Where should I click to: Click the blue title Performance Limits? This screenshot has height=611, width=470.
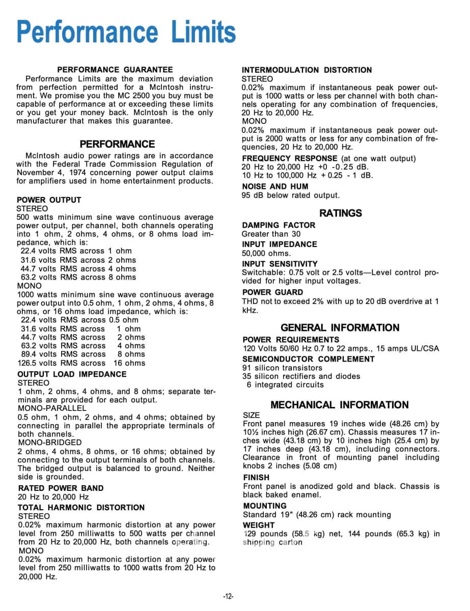click(126, 32)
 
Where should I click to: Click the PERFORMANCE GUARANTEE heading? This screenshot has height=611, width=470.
click(115, 70)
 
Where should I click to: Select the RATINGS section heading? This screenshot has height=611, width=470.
click(341, 213)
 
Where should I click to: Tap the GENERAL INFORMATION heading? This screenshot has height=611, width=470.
click(340, 328)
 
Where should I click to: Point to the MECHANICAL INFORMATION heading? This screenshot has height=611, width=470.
click(340, 405)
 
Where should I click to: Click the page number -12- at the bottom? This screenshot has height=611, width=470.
click(228, 597)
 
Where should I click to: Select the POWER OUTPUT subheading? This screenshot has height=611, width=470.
click(49, 200)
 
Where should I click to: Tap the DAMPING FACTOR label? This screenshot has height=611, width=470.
click(279, 225)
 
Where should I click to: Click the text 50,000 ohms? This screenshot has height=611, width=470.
click(266, 253)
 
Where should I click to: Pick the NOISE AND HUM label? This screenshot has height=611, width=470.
click(275, 187)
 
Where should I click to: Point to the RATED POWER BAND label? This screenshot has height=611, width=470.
click(61, 488)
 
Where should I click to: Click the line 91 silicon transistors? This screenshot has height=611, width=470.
click(282, 368)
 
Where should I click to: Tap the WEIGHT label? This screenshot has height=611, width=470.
click(259, 525)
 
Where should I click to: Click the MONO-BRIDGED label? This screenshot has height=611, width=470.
click(49, 443)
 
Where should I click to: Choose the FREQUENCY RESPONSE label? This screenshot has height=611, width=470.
click(290, 158)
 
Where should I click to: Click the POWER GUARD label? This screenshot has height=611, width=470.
click(272, 292)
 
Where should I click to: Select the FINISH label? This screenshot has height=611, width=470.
click(256, 478)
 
